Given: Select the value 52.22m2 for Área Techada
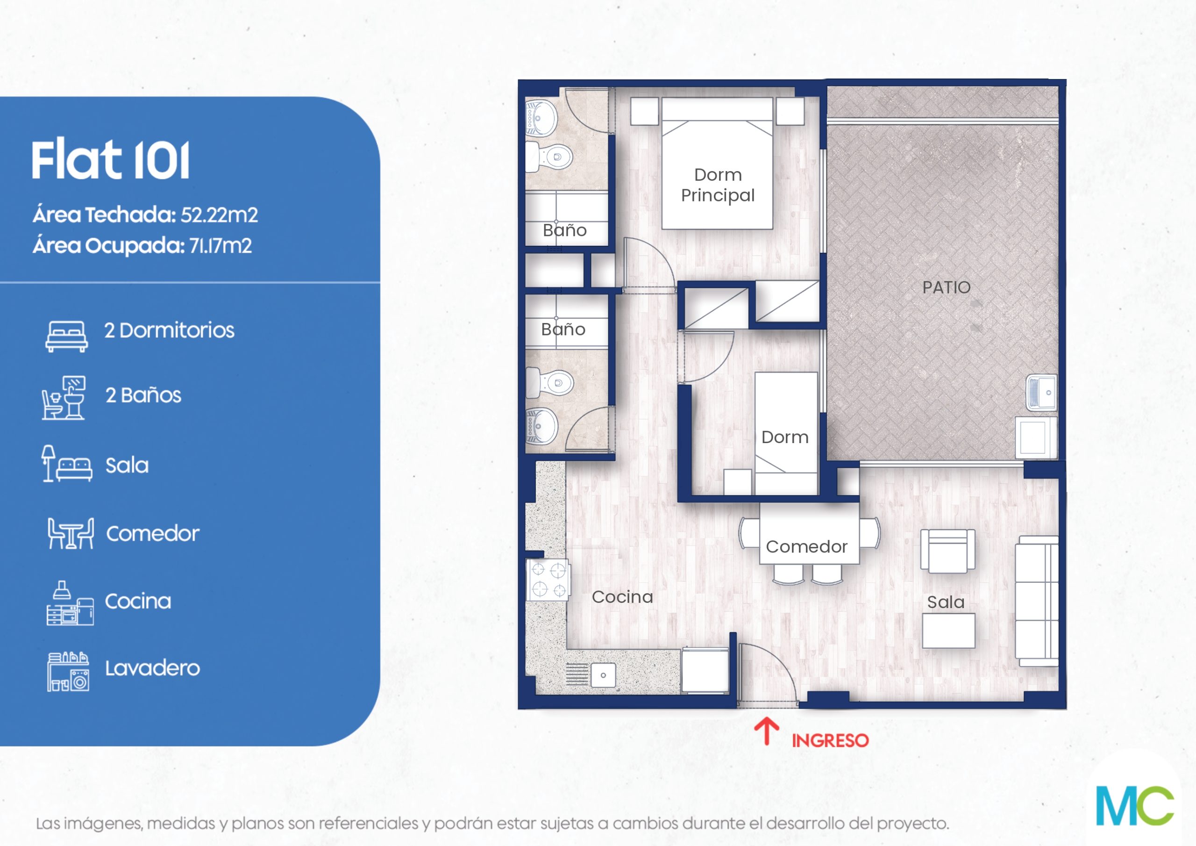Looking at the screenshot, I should click(219, 215).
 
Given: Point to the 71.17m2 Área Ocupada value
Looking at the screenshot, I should click(221, 245).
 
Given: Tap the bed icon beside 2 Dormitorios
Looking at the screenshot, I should click(66, 336).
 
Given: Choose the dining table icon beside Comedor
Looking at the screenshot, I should click(71, 533).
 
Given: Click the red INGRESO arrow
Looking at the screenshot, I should click(766, 731).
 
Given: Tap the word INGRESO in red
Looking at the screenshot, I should click(830, 741).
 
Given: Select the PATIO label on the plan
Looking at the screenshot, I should click(946, 287).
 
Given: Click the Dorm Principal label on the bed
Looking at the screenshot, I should click(717, 185).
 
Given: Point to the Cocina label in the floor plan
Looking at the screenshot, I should click(622, 597).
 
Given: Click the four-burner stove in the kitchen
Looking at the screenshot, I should click(548, 580).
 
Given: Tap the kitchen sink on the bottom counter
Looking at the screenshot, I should click(603, 675).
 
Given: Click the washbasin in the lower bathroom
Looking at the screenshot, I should click(542, 426).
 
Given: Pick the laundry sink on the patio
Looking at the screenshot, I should click(1041, 392).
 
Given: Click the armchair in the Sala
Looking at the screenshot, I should click(947, 552).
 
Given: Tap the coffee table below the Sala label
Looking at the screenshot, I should click(948, 631).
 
